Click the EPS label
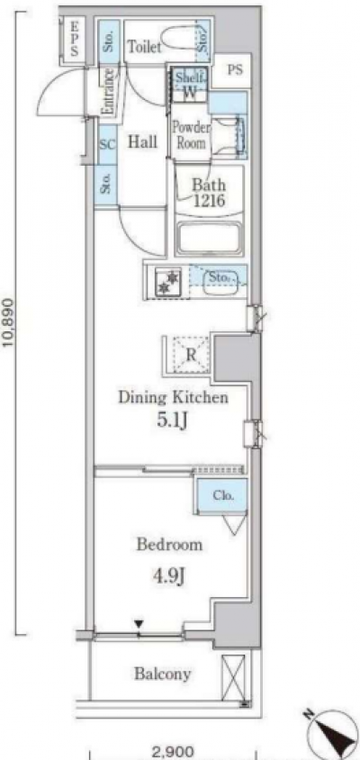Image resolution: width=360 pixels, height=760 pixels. pyautogui.click(x=74, y=39)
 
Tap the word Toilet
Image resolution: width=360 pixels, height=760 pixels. pyautogui.click(x=144, y=47)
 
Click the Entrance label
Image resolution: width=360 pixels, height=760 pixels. pyautogui.click(x=109, y=91)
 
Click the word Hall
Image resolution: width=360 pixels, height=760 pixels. pyautogui.click(x=142, y=141)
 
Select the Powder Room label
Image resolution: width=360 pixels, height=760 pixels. pyautogui.click(x=191, y=136)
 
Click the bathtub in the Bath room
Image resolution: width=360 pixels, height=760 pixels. pyautogui.click(x=210, y=238)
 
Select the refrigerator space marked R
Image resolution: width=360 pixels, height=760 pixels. pyautogui.click(x=191, y=354)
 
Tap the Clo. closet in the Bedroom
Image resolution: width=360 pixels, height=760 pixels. pyautogui.click(x=223, y=496)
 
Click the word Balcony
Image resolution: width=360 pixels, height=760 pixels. pyautogui.click(x=162, y=674)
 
